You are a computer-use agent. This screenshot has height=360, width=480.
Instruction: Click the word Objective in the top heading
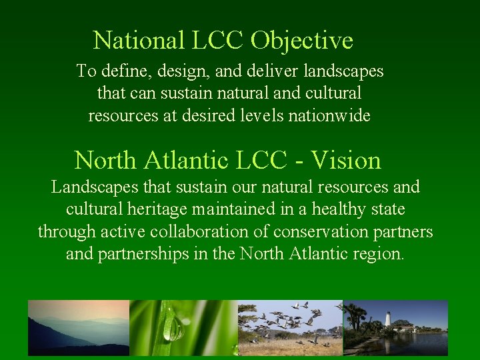point(302,41)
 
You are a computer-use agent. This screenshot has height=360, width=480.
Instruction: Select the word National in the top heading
point(139,41)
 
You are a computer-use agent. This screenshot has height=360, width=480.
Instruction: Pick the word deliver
point(265,71)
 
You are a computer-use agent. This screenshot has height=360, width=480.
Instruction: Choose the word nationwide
point(329,115)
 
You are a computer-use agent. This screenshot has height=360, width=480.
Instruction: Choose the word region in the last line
point(379,255)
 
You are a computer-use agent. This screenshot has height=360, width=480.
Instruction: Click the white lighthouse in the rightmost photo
point(387,319)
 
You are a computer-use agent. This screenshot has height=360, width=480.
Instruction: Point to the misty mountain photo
point(78,327)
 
